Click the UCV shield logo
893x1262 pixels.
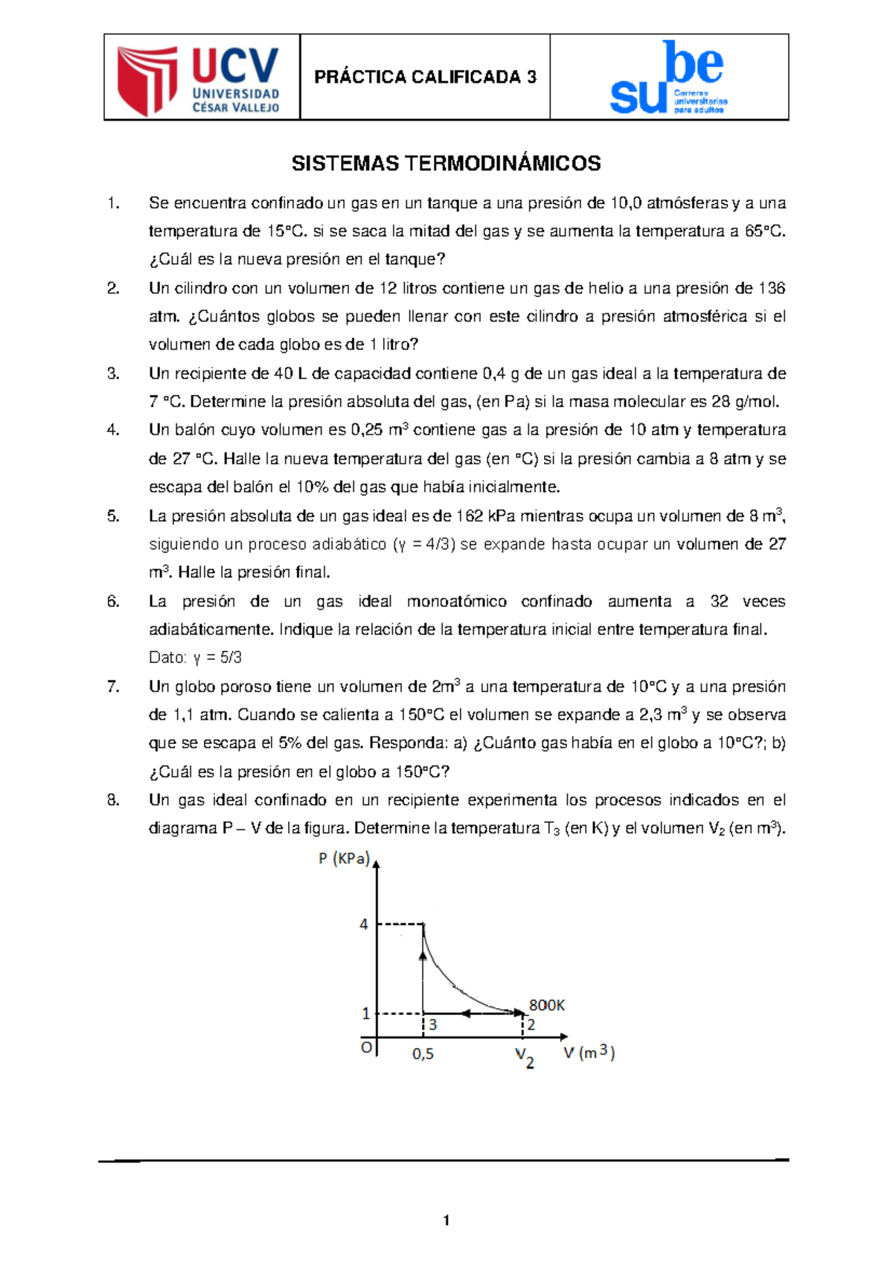147,79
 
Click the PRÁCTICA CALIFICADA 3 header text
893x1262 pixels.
425,77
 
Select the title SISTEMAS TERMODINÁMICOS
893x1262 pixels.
446,164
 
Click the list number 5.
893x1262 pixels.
113,516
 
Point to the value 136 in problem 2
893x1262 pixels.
772,288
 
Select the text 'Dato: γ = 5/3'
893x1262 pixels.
195,658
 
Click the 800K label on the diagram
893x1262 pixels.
547,1005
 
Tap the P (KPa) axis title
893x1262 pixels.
344,859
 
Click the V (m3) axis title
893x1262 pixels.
588,1052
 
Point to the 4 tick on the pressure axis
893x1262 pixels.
364,924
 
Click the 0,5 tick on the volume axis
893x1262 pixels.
423,1054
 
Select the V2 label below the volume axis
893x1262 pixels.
525,1057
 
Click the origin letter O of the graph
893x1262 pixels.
366,1047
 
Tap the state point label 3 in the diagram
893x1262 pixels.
433,1025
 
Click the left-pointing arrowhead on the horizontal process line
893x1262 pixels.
467,1013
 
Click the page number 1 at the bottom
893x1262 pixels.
446,1220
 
